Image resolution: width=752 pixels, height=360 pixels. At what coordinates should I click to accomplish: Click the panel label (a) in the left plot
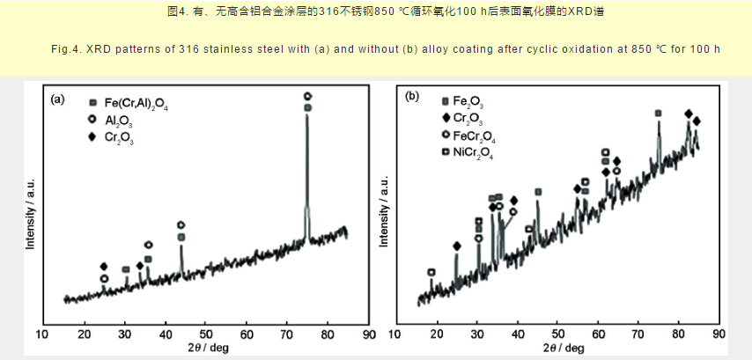pyautogui.click(x=58, y=99)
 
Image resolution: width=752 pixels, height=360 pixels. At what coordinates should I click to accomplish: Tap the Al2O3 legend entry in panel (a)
pyautogui.click(x=122, y=121)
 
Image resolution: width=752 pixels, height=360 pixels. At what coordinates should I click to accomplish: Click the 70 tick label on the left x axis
pyautogui.click(x=287, y=334)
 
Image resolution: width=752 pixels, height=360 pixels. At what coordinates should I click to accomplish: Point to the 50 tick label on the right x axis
pyautogui.click(x=557, y=334)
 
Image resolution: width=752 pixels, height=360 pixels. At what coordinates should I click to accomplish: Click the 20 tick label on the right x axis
pyautogui.click(x=436, y=334)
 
